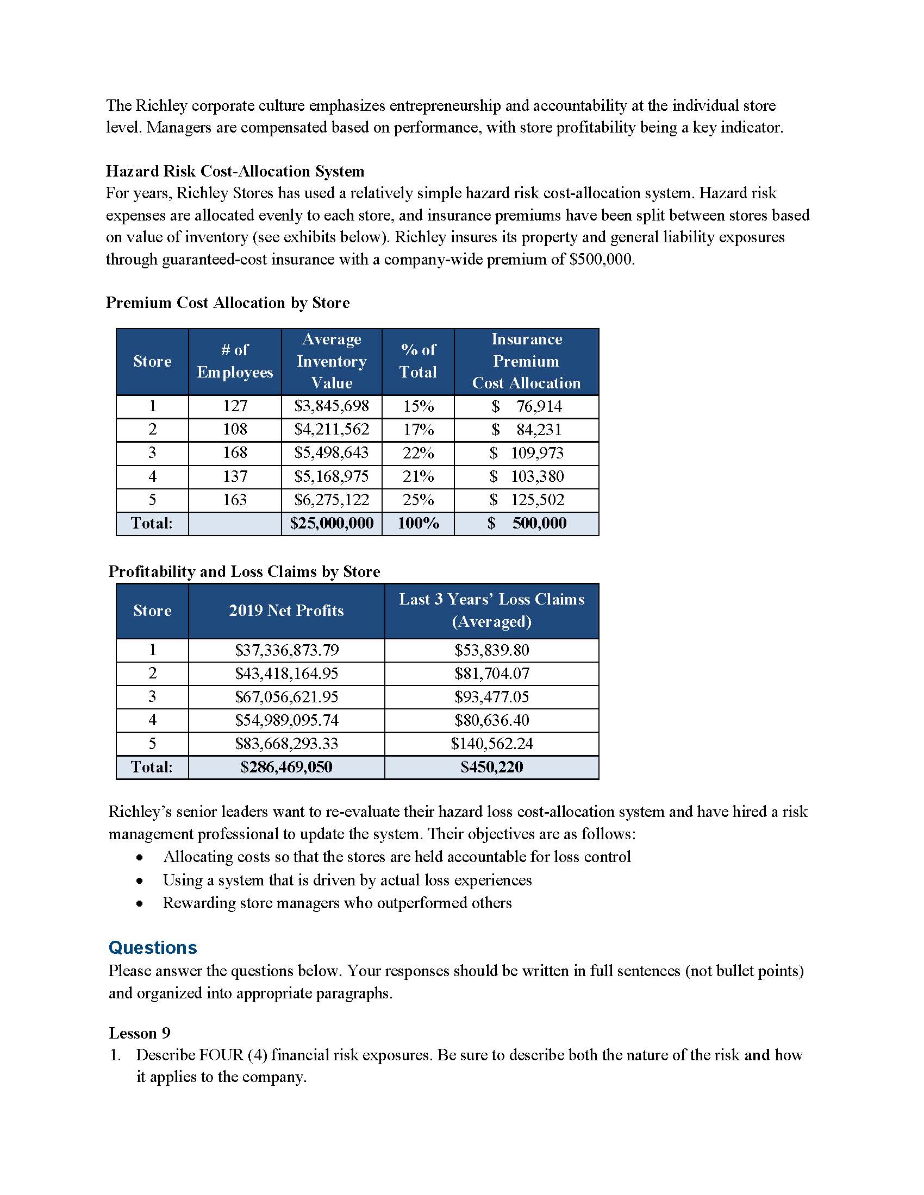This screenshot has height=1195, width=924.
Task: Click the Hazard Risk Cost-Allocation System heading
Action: tap(235, 171)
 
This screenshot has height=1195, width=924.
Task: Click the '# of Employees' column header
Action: tap(235, 361)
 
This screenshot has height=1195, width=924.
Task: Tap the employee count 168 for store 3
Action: tap(235, 452)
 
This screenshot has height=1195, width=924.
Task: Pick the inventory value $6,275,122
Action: tap(332, 500)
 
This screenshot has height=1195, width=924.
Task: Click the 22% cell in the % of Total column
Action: tap(418, 453)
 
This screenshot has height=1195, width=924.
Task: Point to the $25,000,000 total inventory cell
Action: tap(332, 523)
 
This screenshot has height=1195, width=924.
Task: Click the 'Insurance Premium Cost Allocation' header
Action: tap(526, 361)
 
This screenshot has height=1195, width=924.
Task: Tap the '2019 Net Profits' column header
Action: tap(286, 611)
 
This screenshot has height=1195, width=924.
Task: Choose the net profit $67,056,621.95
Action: tap(286, 696)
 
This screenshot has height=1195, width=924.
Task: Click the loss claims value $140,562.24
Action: tap(491, 744)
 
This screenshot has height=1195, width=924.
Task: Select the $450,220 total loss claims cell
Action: tap(491, 767)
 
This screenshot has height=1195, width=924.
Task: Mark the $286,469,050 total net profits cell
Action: tap(286, 767)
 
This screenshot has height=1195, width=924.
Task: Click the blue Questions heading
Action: tap(153, 948)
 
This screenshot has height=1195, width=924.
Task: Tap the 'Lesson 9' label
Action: tap(140, 1033)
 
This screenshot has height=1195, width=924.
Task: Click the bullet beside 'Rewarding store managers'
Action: tap(141, 903)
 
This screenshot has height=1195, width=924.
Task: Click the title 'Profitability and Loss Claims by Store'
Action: tap(244, 571)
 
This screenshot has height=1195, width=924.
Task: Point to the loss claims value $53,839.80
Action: tap(491, 650)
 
